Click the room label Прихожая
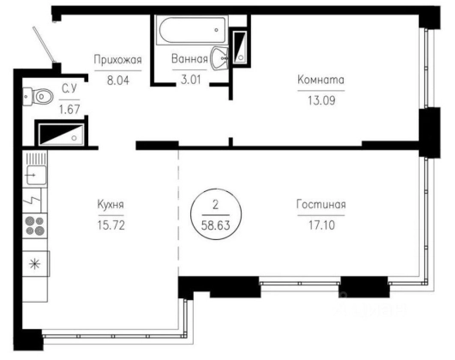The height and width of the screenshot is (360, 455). pyautogui.click(x=117, y=60)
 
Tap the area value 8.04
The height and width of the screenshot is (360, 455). pyautogui.click(x=118, y=80)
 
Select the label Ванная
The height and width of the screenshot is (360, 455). pyautogui.click(x=189, y=58)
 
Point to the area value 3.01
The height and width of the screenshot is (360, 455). pyautogui.click(x=190, y=79)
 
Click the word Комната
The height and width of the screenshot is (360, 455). pyautogui.click(x=321, y=80)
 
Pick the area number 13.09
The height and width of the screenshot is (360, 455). pyautogui.click(x=321, y=100)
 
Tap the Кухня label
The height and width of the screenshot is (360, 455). pyautogui.click(x=111, y=204)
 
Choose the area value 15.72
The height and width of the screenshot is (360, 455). pyautogui.click(x=111, y=225)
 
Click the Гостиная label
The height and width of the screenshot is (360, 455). pyautogui.click(x=321, y=204)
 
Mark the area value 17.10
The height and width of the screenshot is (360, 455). pyautogui.click(x=321, y=225)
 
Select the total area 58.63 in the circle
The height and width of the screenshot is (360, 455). pyautogui.click(x=216, y=225)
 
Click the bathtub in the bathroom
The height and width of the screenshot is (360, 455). pyautogui.click(x=192, y=30)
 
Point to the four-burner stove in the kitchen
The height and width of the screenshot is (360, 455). pyautogui.click(x=35, y=226)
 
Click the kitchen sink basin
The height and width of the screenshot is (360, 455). pyautogui.click(x=36, y=175)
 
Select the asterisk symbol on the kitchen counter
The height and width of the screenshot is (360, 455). pyautogui.click(x=35, y=264)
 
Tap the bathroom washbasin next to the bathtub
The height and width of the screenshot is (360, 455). pyautogui.click(x=219, y=58)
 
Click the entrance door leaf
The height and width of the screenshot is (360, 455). pyautogui.click(x=44, y=45)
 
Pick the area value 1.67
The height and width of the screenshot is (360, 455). pyautogui.click(x=69, y=110)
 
